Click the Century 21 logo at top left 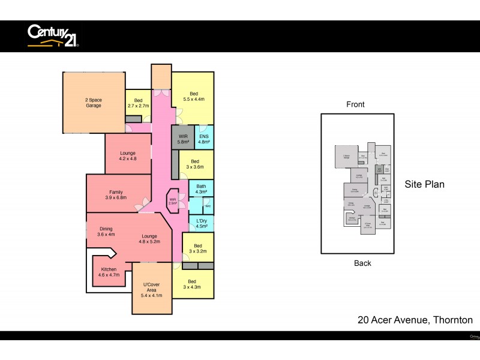pos(53,35)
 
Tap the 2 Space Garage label pos(93,102)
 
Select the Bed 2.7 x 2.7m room pos(138,103)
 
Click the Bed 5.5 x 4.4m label pos(193,97)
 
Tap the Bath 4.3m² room pos(201,188)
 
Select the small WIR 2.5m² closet pos(172,201)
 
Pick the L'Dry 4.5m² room pos(202,223)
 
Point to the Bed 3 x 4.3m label pos(192,284)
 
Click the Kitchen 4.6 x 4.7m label pos(108,272)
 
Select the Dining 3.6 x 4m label pos(106,232)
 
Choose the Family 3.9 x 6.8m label pos(116,194)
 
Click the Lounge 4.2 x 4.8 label pos(128,156)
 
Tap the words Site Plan pos(424,184)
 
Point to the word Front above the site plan pos(355,104)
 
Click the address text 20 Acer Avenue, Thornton pos(415,320)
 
